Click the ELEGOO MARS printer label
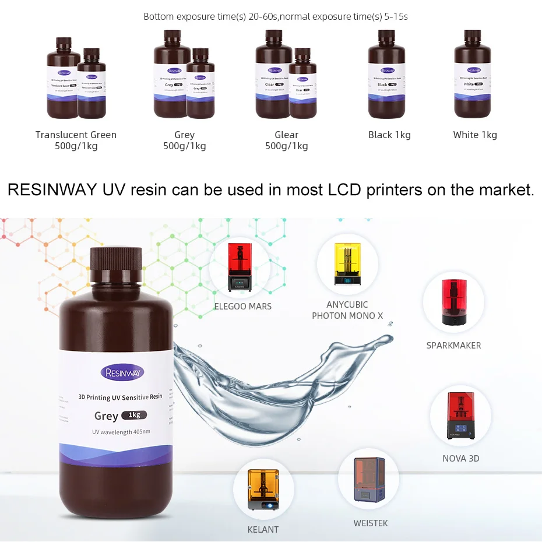tap(243, 306)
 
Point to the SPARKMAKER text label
tap(453, 345)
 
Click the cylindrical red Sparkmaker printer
tap(453, 302)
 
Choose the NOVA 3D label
tap(460, 458)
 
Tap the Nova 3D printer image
tap(460, 416)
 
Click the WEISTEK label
tap(370, 523)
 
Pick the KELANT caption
tap(263, 529)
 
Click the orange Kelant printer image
tap(263, 490)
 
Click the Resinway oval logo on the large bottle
tap(122, 372)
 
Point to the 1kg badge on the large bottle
tap(134, 415)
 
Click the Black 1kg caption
tap(389, 135)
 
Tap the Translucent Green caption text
tap(76, 135)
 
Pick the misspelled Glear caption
tap(286, 135)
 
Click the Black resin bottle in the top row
tap(386, 74)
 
